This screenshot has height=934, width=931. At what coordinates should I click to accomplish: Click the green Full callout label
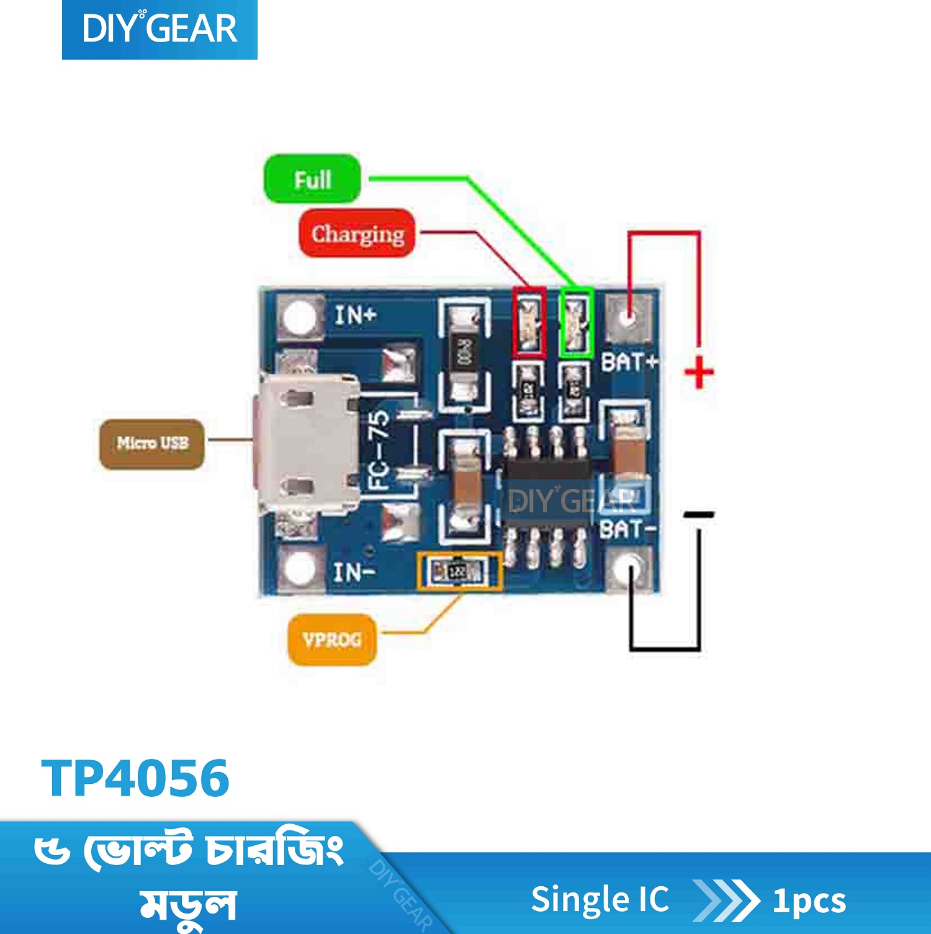pyautogui.click(x=312, y=179)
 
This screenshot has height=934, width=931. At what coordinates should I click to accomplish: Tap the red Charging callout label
pyautogui.click(x=357, y=234)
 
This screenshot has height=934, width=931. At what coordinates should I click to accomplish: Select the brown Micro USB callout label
pyautogui.click(x=152, y=443)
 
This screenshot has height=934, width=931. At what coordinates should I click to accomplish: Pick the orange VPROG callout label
pyautogui.click(x=332, y=639)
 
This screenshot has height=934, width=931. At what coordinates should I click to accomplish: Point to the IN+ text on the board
pyautogui.click(x=356, y=315)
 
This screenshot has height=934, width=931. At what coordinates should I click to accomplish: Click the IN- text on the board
pyautogui.click(x=354, y=572)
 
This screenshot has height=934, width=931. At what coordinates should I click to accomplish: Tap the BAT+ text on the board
pyautogui.click(x=629, y=362)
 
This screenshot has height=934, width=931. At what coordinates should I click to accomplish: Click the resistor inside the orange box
pyautogui.click(x=458, y=570)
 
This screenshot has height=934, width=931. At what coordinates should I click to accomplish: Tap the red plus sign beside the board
pyautogui.click(x=699, y=374)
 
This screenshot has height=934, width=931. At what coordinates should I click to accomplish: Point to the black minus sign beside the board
pyautogui.click(x=699, y=514)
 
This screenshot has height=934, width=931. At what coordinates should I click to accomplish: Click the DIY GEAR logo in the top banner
pyautogui.click(x=160, y=29)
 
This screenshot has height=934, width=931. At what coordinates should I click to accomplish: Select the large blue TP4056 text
pyautogui.click(x=135, y=778)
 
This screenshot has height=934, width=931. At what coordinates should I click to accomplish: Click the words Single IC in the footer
pyautogui.click(x=600, y=900)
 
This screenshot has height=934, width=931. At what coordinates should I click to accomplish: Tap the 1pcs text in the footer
pyautogui.click(x=809, y=900)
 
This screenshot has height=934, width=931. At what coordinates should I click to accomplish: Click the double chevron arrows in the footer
pyautogui.click(x=726, y=900)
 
